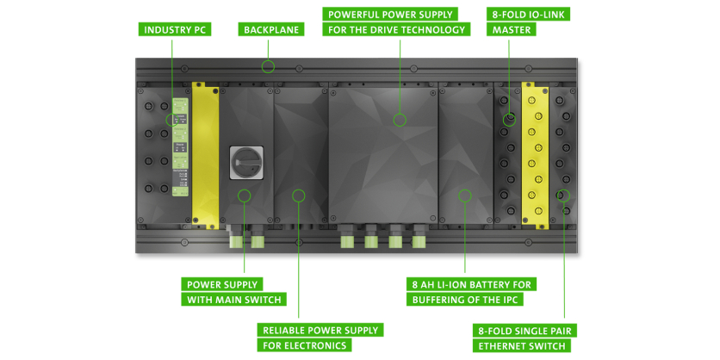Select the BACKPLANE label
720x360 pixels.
tap(271, 30)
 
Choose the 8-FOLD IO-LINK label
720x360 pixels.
tap(528, 15)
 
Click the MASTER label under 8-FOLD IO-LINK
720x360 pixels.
tap(512, 30)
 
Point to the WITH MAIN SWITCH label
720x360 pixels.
tap(234, 300)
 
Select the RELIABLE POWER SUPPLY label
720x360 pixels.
tap(320, 330)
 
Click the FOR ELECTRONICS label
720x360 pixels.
tap(305, 345)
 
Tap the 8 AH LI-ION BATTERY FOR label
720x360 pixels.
tap(471, 284)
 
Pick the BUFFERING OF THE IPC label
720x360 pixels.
tap(465, 300)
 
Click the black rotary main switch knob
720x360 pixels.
tap(244, 161)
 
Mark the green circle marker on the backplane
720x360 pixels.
tap(269, 66)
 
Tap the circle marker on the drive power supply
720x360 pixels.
tap(400, 120)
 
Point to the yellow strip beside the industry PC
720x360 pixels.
tap(206, 155)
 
